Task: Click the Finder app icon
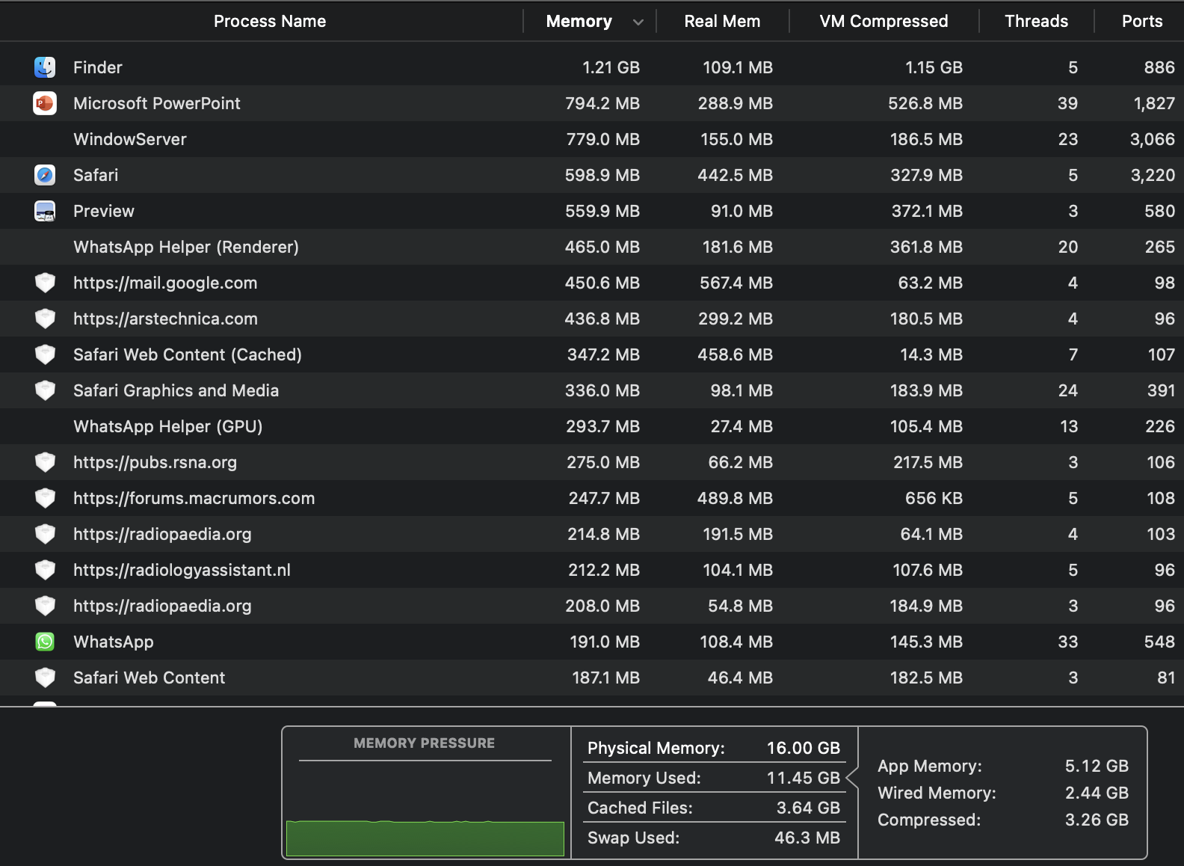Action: click(x=45, y=67)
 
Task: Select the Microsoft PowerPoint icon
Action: click(x=45, y=103)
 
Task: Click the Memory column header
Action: click(x=579, y=21)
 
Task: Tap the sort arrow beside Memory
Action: click(x=638, y=22)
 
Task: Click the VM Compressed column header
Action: click(x=884, y=21)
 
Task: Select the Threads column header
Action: click(x=1036, y=21)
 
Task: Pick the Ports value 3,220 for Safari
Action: click(x=1152, y=175)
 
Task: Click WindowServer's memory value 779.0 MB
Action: click(x=602, y=139)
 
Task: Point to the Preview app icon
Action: click(x=45, y=211)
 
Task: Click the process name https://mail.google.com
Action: click(x=165, y=283)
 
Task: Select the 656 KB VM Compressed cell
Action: click(x=934, y=498)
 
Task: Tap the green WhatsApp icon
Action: click(x=45, y=642)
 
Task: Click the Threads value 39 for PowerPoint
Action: click(x=1067, y=103)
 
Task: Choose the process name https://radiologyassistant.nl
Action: click(x=182, y=570)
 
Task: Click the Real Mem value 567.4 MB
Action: click(x=736, y=283)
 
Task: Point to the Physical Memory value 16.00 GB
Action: click(x=803, y=748)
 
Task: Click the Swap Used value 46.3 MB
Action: click(x=807, y=838)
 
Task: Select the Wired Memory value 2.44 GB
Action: click(x=1097, y=793)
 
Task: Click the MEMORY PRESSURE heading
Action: click(x=424, y=743)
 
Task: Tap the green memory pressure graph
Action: click(x=425, y=838)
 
